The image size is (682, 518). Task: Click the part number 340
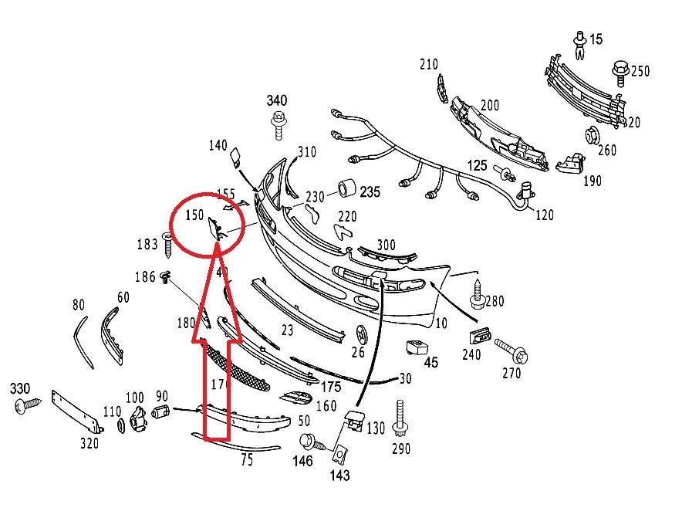pos(277,100)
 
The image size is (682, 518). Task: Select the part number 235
pos(370,191)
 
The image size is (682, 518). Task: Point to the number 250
pos(640,71)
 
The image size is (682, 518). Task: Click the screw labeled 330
pos(31,404)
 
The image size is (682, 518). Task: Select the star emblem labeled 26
pos(360,333)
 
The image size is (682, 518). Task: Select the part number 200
pos(489,106)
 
